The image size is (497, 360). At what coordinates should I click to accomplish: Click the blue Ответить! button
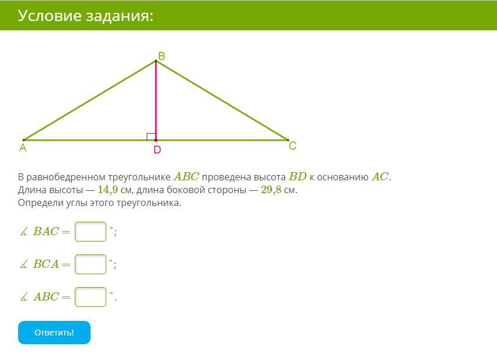54,333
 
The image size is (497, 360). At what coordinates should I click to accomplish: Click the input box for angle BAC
91,232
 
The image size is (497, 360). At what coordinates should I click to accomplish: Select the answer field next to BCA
91,264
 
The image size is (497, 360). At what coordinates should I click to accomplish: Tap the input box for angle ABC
91,297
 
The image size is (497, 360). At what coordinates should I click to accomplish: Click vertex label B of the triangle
161,56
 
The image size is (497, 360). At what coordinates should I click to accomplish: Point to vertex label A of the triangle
23,148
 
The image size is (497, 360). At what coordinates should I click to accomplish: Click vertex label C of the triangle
292,146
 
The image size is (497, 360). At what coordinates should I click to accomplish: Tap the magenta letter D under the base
157,150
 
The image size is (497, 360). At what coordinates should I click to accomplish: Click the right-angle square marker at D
151,137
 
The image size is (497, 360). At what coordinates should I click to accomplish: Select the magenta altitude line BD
155,100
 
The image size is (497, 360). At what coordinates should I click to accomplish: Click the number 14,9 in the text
108,190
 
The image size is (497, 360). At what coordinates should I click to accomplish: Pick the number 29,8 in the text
271,190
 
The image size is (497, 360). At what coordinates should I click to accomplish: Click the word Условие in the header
50,16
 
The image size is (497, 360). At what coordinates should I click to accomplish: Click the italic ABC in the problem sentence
186,176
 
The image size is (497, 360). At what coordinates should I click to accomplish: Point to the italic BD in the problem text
298,176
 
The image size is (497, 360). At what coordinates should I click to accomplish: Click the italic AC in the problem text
380,176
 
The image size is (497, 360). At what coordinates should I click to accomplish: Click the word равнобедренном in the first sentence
65,177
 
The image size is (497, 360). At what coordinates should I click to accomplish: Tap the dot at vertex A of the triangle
24,140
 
